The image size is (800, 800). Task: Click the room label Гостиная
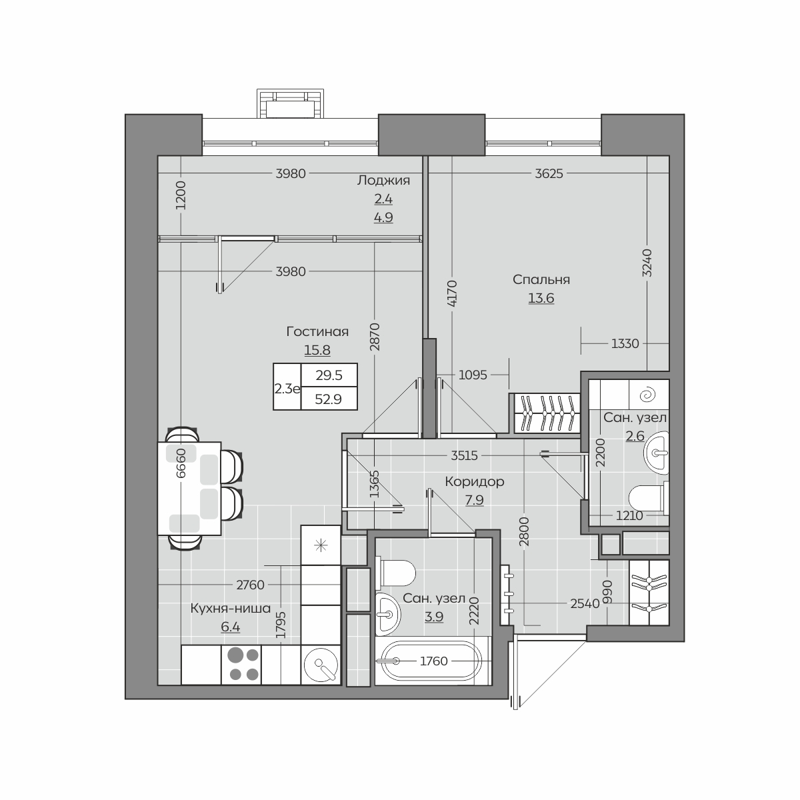tap(317, 332)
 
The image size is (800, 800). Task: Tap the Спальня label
tap(541, 280)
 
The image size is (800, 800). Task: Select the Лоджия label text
tap(383, 181)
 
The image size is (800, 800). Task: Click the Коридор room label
tap(475, 482)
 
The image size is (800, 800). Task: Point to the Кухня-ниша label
tap(231, 609)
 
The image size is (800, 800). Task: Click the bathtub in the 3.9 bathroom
tap(433, 661)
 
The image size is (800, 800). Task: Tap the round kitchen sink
tap(321, 665)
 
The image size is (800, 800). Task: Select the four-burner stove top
tap(241, 664)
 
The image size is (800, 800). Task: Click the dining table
tap(189, 488)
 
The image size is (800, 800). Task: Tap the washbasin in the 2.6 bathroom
tap(657, 453)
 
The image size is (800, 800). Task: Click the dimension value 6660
tap(181, 463)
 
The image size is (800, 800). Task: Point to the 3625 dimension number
tap(549, 173)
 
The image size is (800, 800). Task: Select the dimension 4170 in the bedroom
tap(452, 293)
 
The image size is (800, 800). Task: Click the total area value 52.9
tap(329, 399)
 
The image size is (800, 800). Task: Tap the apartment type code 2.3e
tap(287, 389)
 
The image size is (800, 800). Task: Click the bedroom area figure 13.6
tap(541, 298)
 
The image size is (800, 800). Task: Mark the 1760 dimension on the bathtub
tap(434, 661)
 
